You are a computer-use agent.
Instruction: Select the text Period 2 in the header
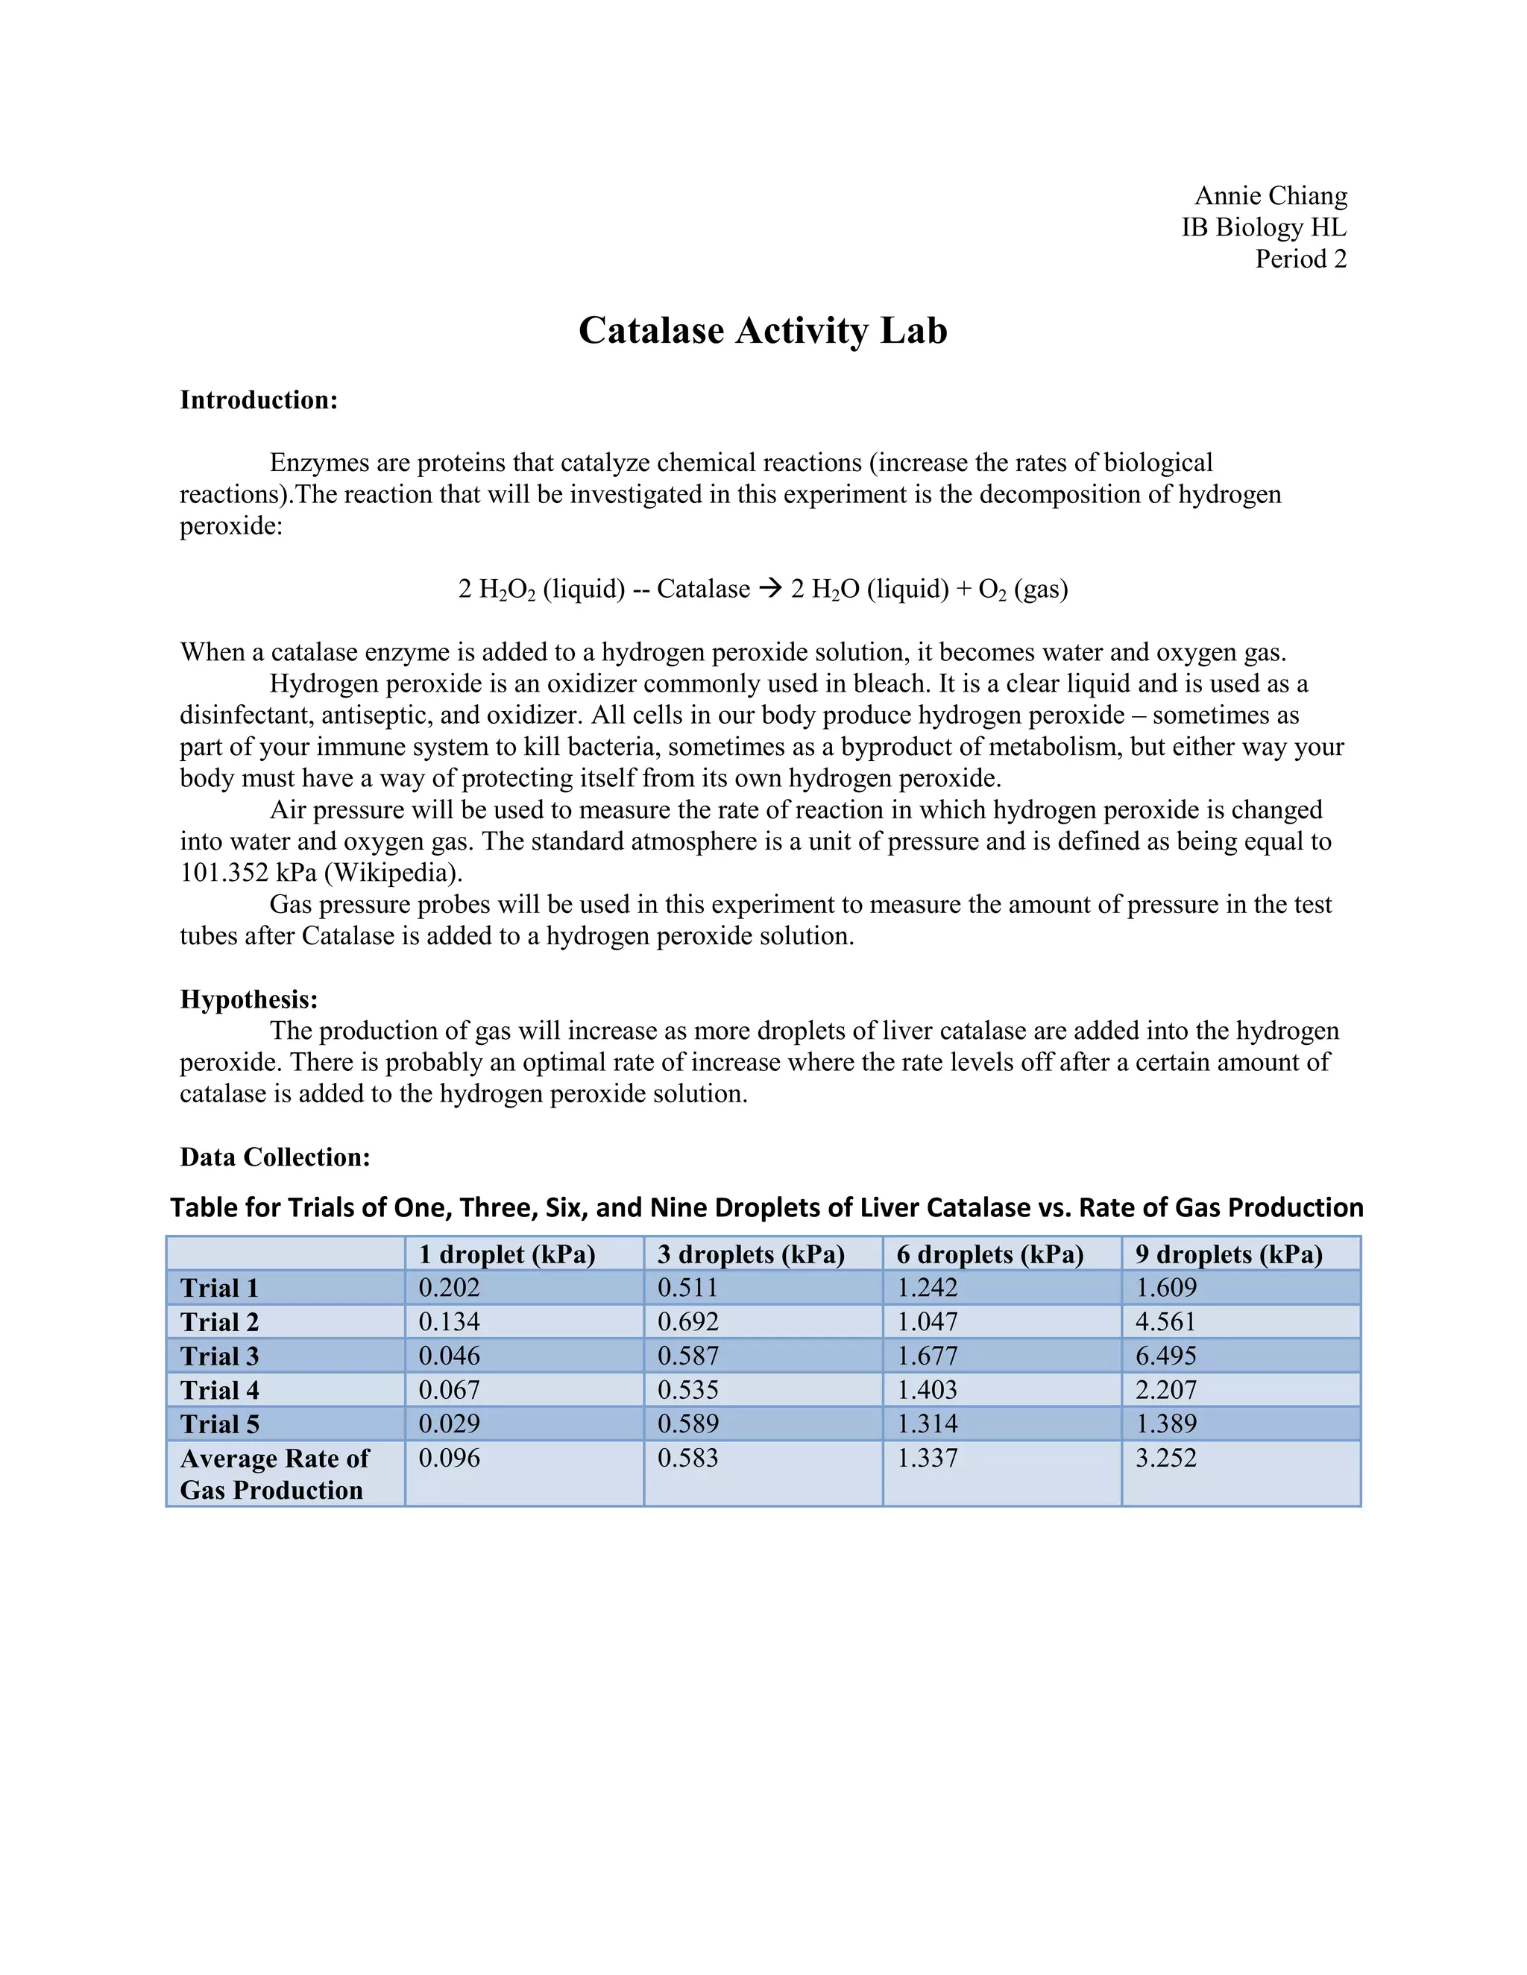[1300, 259]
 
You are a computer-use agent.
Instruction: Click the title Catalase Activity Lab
[763, 330]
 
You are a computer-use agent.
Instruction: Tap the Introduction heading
[259, 399]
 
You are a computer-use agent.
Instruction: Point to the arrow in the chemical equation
[769, 589]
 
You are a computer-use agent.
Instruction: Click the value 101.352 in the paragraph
[224, 873]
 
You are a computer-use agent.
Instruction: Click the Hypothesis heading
[249, 999]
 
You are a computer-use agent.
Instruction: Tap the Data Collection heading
[275, 1157]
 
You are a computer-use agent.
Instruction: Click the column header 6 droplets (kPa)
[989, 1254]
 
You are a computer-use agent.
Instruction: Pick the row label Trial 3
[220, 1356]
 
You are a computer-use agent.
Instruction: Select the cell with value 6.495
[1166, 1356]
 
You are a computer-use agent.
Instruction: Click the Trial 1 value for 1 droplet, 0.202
[449, 1288]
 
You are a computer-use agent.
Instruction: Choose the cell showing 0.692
[687, 1322]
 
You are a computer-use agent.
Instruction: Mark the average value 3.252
[1166, 1458]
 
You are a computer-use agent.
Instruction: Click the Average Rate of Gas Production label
[274, 1473]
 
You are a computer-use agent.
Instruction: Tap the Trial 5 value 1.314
[928, 1423]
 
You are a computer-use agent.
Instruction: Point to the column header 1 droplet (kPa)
[506, 1254]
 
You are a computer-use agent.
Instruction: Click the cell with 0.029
[449, 1423]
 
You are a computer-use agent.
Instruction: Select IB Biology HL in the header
[1263, 227]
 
